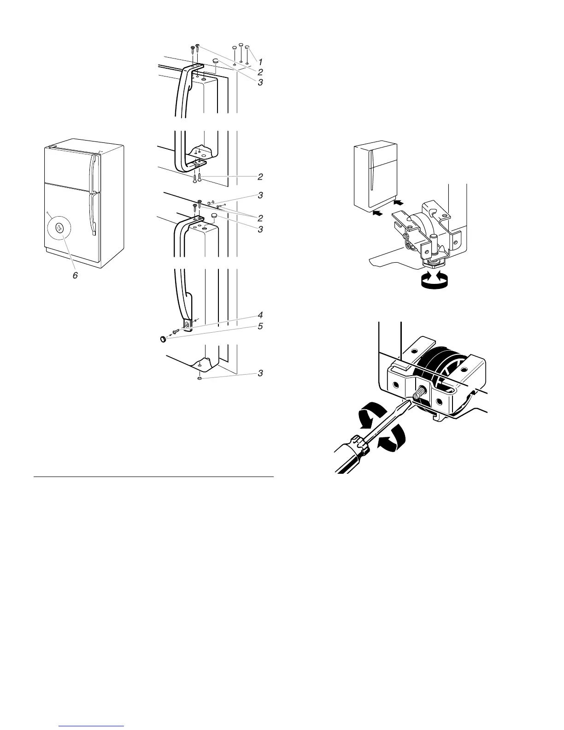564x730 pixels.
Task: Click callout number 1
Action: point(260,61)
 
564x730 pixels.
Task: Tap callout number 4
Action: point(260,315)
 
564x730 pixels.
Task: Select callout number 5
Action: point(260,326)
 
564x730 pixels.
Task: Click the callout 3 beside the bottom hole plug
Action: point(260,373)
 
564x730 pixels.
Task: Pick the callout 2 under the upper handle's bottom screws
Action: point(260,177)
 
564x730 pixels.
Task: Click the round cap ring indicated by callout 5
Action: point(163,339)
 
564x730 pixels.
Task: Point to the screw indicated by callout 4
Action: point(176,331)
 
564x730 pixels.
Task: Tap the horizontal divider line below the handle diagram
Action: point(154,477)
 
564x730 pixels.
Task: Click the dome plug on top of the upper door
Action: point(215,61)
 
